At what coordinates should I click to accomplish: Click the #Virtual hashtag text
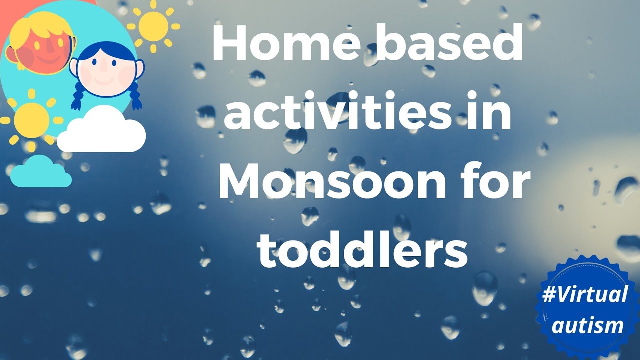tap(585, 295)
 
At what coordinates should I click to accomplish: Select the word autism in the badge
tap(595, 326)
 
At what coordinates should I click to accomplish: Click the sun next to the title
tap(153, 26)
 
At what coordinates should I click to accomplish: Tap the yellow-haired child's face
tap(42, 50)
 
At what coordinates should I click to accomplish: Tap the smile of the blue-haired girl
tap(105, 80)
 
